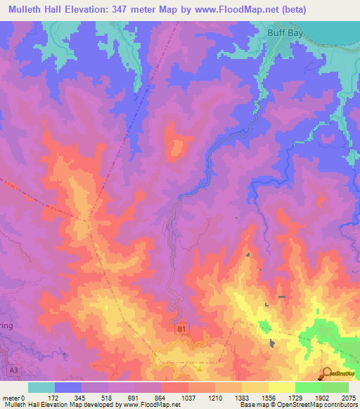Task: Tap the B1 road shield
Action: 181,329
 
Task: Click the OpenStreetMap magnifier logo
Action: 327,373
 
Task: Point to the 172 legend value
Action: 54,398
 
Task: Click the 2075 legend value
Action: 348,398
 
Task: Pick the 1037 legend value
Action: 188,398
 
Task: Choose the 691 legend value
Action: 134,398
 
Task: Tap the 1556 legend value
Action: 268,398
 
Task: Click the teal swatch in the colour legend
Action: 41,387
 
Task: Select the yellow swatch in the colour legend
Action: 281,387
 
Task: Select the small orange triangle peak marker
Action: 200,367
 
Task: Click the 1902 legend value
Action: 321,398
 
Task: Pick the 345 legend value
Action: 81,398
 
